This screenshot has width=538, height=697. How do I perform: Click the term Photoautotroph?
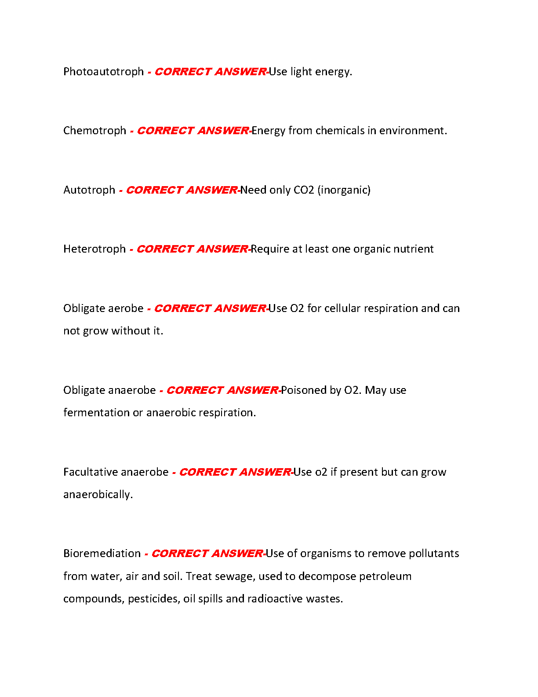coord(103,72)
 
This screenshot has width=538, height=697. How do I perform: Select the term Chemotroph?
coord(95,131)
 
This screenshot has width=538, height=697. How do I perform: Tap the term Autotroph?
coord(89,190)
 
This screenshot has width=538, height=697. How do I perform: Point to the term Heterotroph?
coord(95,249)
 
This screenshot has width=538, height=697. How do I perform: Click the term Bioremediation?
coord(102,554)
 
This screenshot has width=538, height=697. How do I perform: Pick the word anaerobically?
coord(98,495)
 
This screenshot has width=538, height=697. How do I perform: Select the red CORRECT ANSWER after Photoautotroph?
coord(210,72)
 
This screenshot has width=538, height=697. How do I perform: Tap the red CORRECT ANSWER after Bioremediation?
coord(207,554)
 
